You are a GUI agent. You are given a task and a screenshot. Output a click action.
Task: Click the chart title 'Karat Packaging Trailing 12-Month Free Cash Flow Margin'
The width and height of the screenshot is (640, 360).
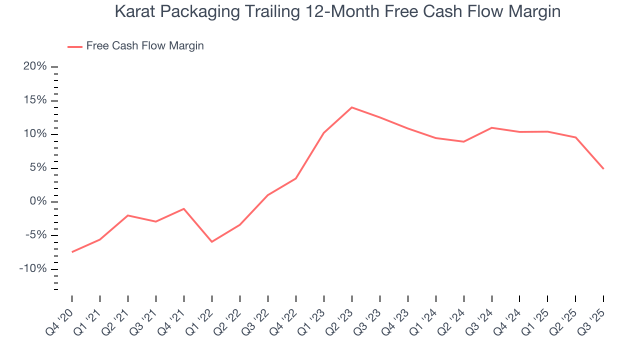(x=337, y=11)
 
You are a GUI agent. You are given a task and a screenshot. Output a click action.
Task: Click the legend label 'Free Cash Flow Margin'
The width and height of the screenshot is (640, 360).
(x=145, y=46)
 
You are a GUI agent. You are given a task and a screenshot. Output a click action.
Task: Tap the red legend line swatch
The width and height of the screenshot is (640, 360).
(x=75, y=46)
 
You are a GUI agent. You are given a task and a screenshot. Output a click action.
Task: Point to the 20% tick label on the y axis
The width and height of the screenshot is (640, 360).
(x=35, y=66)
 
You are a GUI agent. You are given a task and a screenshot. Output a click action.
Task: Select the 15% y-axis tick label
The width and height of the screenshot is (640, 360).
(x=35, y=100)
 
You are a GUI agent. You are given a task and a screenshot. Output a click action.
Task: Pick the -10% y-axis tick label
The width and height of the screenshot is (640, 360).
(x=33, y=269)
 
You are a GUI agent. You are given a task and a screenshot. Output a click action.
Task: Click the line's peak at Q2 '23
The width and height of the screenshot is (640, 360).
(x=352, y=107)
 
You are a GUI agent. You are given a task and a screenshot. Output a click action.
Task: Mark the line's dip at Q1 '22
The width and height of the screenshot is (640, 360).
(x=212, y=242)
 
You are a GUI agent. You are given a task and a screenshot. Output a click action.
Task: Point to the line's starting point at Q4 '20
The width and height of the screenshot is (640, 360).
(x=72, y=252)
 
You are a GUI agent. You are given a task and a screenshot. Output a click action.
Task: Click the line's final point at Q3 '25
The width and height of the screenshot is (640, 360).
(x=603, y=169)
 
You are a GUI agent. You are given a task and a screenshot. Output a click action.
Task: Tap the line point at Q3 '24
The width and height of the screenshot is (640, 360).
(x=492, y=127)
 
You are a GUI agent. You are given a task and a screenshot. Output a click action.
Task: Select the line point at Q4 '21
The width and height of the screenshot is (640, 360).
(x=184, y=208)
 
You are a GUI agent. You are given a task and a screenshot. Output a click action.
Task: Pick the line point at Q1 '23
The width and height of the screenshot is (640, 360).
(x=324, y=133)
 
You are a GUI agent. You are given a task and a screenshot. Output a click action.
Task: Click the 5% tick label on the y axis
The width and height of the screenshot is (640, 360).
(x=38, y=168)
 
